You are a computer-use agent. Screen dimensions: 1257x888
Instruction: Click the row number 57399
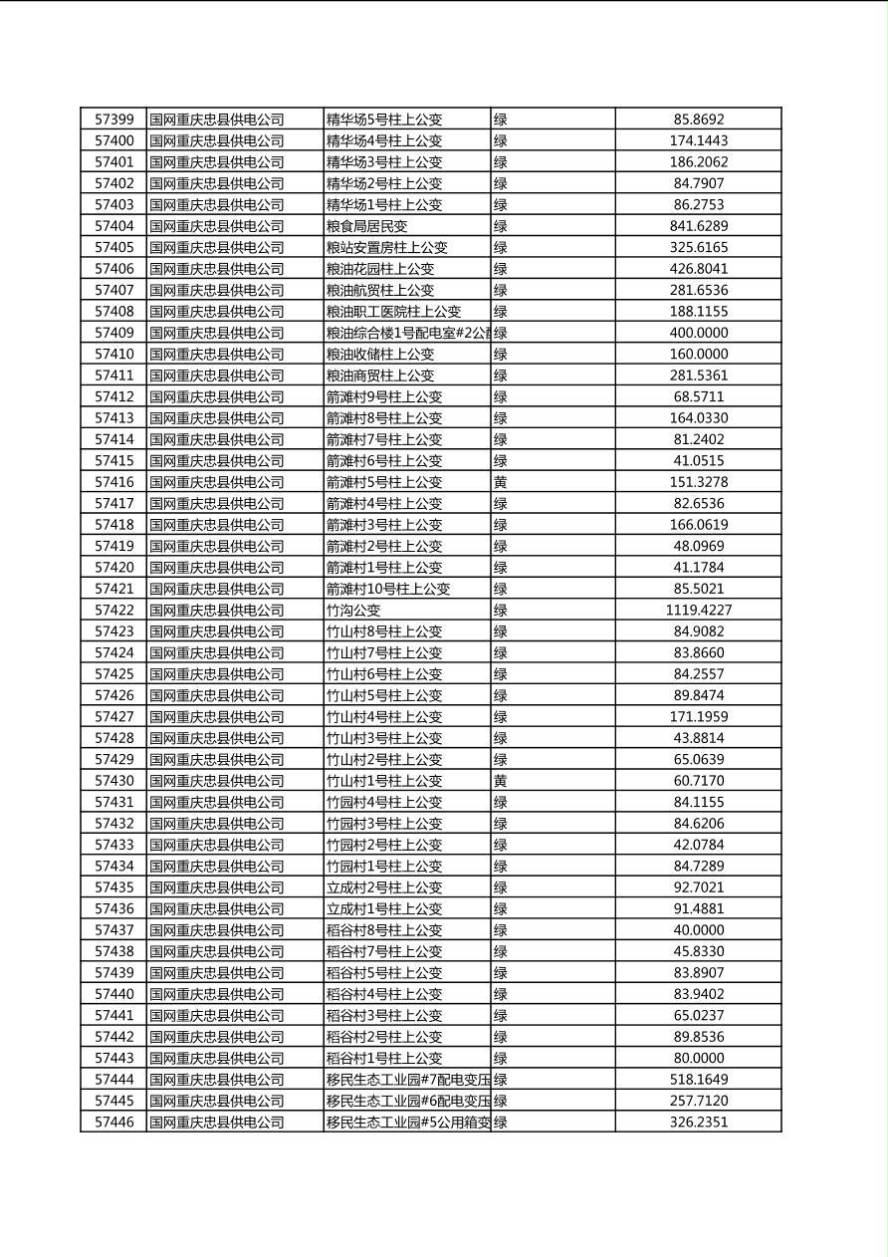click(x=113, y=120)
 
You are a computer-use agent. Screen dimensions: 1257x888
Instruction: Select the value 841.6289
click(x=698, y=226)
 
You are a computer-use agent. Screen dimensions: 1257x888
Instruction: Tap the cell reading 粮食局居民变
click(x=367, y=226)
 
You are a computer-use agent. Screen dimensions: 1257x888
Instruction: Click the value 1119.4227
click(x=698, y=610)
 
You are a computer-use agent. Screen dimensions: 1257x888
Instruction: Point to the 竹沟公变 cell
click(x=353, y=610)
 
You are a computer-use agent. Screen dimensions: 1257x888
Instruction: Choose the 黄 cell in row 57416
click(x=501, y=482)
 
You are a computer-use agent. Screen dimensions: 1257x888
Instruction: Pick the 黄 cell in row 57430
click(x=501, y=781)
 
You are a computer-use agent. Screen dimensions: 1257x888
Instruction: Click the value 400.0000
click(x=698, y=333)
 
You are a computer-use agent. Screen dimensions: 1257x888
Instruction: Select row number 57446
click(x=113, y=1122)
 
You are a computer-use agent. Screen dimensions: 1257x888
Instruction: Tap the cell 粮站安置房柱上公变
click(x=387, y=247)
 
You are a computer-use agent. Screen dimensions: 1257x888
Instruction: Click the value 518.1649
click(x=698, y=1079)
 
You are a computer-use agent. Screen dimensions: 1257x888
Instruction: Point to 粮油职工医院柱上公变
click(x=394, y=312)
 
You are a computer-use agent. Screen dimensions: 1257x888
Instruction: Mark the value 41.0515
click(x=698, y=460)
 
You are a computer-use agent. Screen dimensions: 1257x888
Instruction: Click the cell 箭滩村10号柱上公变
click(x=388, y=589)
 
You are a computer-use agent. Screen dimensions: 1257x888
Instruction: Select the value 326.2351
click(x=698, y=1122)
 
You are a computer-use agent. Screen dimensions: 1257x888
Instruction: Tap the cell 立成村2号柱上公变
click(x=384, y=887)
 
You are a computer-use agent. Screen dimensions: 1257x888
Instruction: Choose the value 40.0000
click(x=698, y=930)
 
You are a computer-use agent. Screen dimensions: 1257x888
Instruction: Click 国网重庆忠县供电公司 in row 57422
click(x=217, y=610)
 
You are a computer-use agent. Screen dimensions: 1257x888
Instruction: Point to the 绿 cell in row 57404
click(x=501, y=226)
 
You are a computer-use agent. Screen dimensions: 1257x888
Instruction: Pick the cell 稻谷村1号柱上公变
click(x=384, y=1058)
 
